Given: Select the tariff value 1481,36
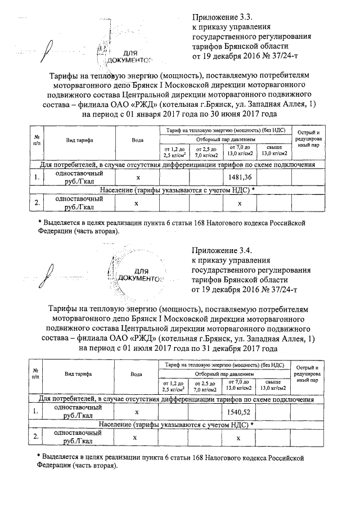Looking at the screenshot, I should pos(239,178).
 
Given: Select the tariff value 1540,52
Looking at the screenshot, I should pos(239,412).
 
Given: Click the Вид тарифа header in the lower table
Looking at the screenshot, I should pos(78,373).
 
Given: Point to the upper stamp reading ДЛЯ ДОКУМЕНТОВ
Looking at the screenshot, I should pos(129,56).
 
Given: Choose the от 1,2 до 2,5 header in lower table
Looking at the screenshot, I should pos(173,385).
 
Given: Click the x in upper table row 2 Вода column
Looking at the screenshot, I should pos(137,203).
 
